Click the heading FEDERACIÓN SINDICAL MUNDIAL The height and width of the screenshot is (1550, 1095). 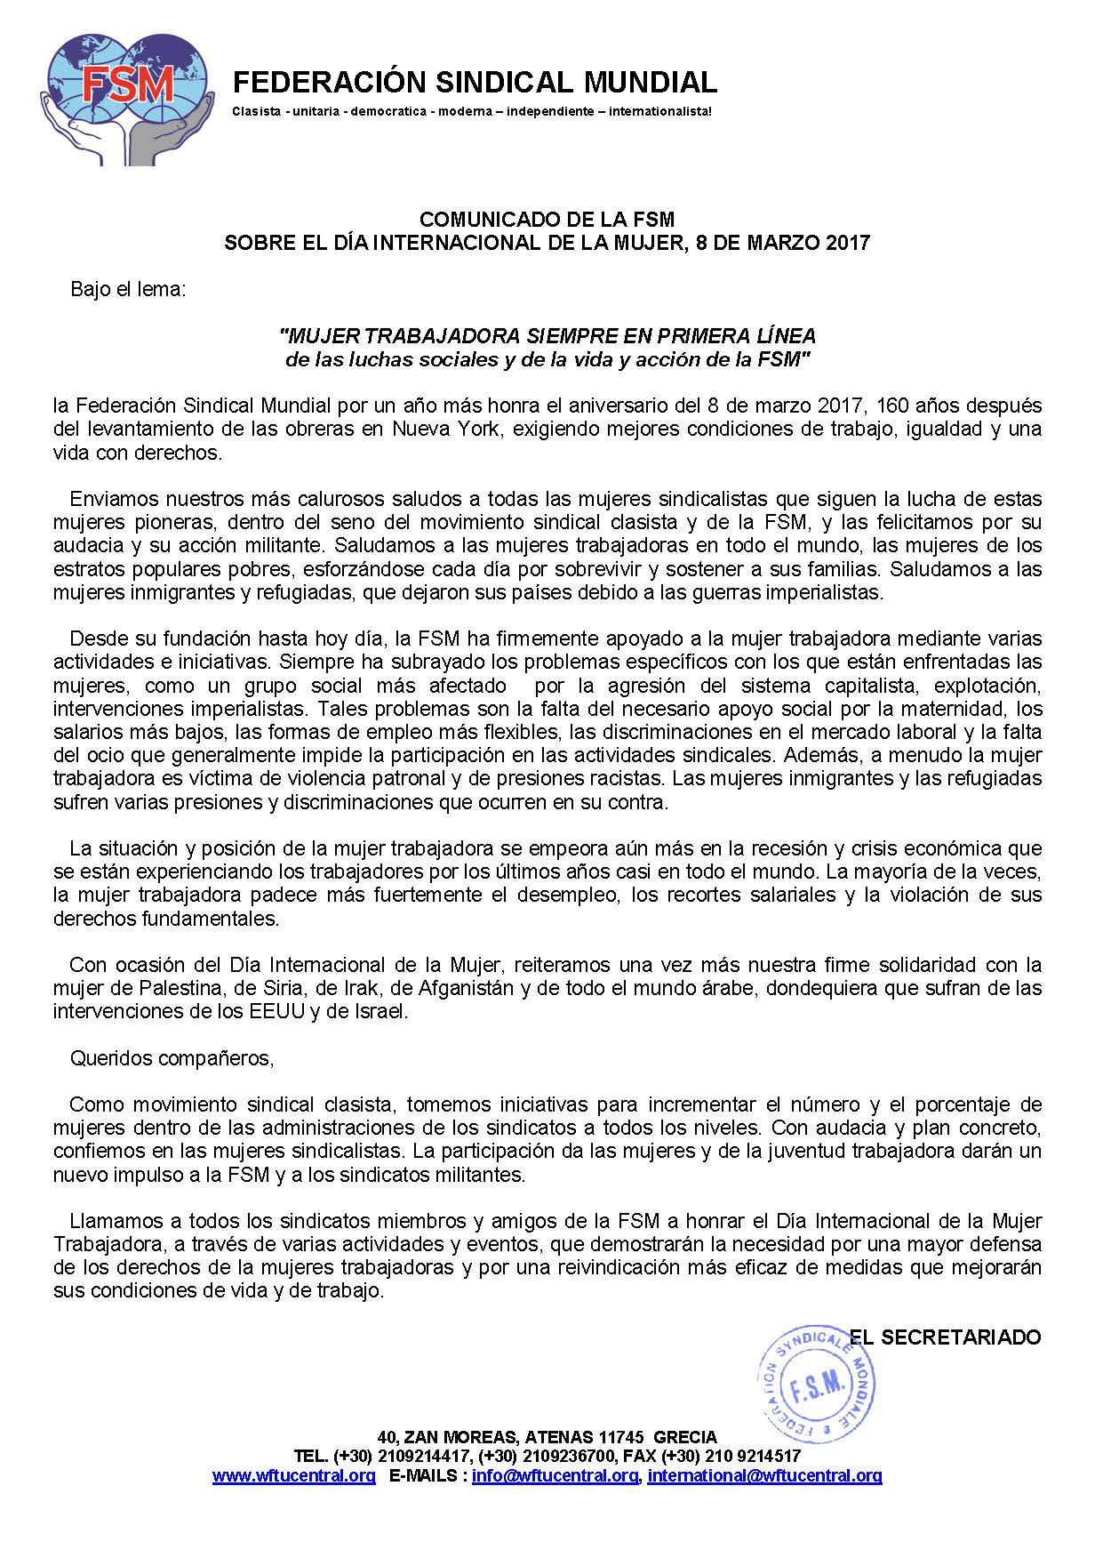pyautogui.click(x=474, y=83)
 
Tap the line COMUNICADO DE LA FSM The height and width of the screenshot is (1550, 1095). pyautogui.click(x=547, y=219)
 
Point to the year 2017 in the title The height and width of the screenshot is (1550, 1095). pyautogui.click(x=846, y=243)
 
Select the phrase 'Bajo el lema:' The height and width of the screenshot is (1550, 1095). pyautogui.click(x=128, y=289)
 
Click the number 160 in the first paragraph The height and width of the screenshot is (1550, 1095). pyautogui.click(x=892, y=406)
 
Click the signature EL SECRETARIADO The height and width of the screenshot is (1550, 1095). pyautogui.click(x=944, y=1337)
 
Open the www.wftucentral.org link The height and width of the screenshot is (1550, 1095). pyautogui.click(x=293, y=1475)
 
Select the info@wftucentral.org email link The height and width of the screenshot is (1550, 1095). pyautogui.click(x=555, y=1475)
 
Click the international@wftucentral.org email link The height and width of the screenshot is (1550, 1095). pyautogui.click(x=764, y=1475)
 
